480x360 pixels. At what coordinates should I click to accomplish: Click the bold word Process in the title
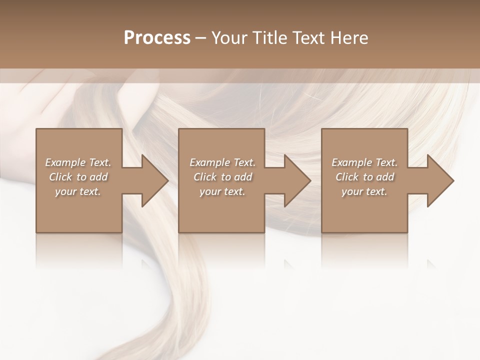157,38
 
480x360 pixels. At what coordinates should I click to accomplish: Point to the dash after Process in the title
201,38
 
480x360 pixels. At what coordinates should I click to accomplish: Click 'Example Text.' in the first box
78,162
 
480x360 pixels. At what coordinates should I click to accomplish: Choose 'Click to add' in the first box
78,177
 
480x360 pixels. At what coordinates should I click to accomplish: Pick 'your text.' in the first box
78,191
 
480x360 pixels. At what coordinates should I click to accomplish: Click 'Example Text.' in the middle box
222,162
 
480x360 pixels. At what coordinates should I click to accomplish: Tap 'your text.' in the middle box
222,191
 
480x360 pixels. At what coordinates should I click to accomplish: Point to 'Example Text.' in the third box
364,162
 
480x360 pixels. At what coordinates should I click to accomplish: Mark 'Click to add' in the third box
365,177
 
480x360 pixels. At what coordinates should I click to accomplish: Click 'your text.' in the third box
364,191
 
